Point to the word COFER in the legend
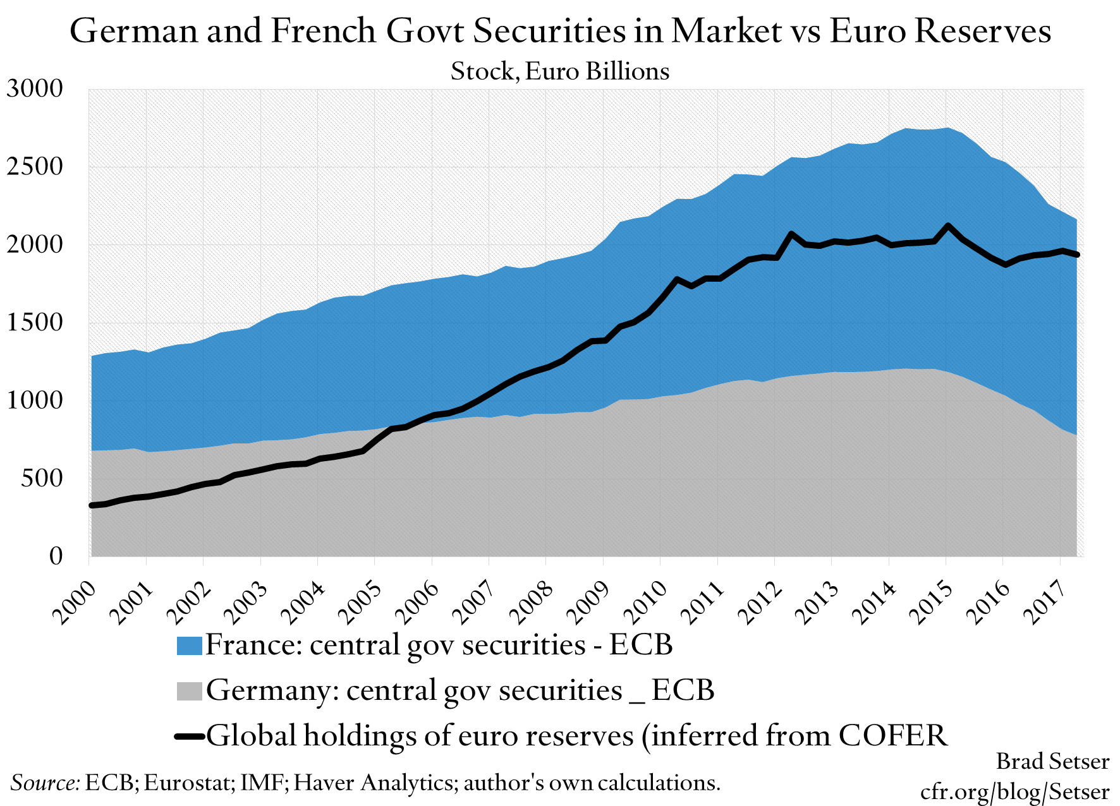pos(893,735)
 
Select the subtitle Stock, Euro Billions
pos(559,71)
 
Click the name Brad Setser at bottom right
pos(1052,761)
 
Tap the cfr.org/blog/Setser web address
pos(1014,791)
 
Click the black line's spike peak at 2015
pos(947,226)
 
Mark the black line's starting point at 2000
pos(92,505)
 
